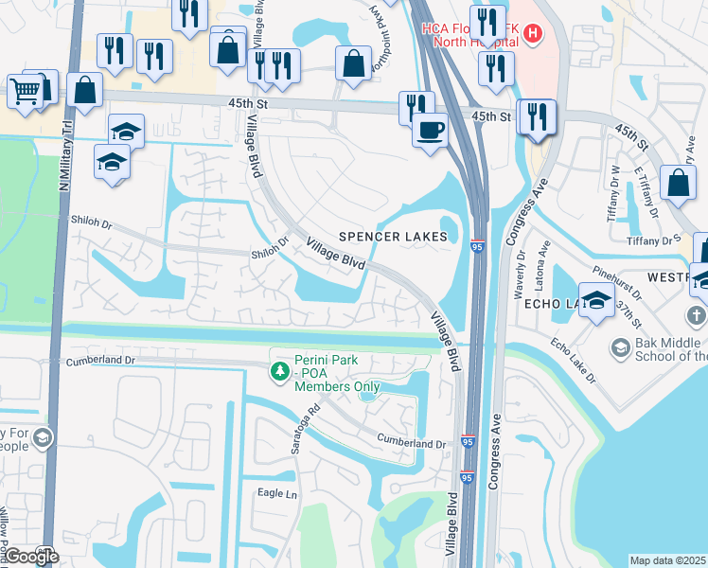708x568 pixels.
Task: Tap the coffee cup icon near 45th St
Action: click(x=431, y=128)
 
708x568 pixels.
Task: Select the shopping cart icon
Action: click(x=25, y=91)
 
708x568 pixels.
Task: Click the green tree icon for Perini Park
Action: click(x=279, y=372)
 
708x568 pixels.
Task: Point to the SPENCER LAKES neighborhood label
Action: click(x=393, y=237)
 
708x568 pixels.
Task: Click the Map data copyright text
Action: click(x=668, y=560)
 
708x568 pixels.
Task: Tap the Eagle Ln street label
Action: click(x=277, y=493)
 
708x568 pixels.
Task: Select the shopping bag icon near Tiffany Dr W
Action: click(x=679, y=183)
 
